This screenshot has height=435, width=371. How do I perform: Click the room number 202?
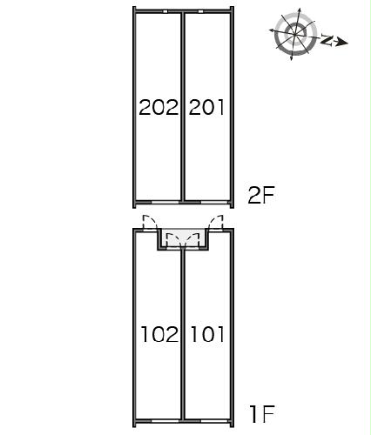coord(159,107)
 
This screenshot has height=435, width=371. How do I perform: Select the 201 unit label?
coord(206,107)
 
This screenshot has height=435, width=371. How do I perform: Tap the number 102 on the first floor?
coord(159,334)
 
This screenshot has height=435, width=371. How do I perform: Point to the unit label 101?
coord(207,334)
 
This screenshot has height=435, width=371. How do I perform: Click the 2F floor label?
coord(261,195)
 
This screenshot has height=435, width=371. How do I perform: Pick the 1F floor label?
coord(262,414)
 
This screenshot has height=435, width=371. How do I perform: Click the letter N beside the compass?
coord(327,40)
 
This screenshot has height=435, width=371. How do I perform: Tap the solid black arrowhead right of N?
coord(343,43)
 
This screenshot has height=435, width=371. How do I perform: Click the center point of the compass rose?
coord(295,35)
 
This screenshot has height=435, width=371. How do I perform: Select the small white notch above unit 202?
coord(165,11)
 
